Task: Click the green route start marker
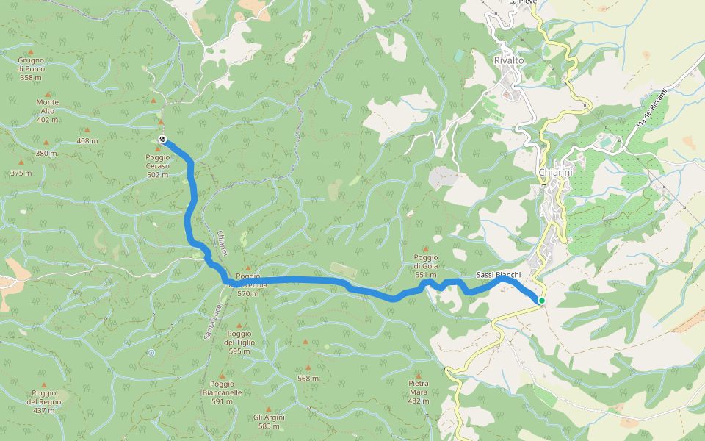coord(541,300)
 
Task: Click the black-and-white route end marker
coord(162,140)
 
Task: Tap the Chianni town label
coord(554,172)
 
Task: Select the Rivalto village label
coord(509,60)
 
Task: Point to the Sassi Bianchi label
coord(499,275)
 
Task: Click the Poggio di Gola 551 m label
coord(426,270)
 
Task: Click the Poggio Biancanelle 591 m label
coord(226,392)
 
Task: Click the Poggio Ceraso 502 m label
coord(157,165)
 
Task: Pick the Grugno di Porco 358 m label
coord(31,68)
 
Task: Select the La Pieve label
coord(523,3)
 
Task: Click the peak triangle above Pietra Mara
coord(419,374)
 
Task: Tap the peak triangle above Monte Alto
coord(48,94)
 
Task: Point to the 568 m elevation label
coord(308,379)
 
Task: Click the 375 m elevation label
coord(21,173)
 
